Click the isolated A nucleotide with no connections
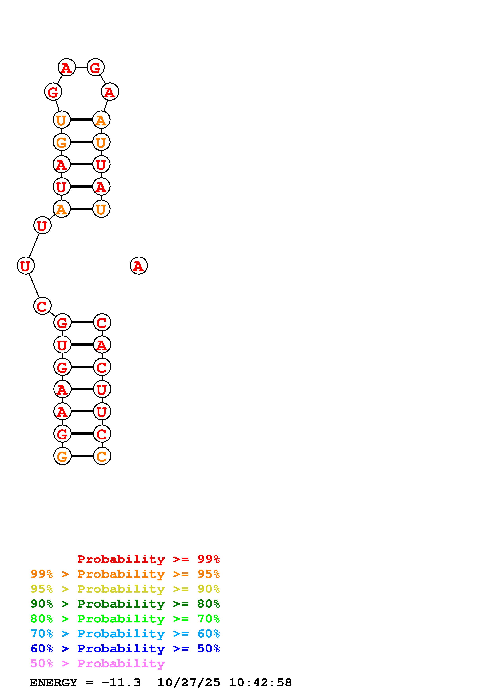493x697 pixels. point(139,266)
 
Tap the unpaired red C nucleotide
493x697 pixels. point(42,306)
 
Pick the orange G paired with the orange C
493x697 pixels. point(62,456)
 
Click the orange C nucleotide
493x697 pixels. point(102,456)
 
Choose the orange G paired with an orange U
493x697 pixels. point(62,142)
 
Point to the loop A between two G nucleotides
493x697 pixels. point(67,67)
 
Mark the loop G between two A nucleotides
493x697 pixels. point(95,67)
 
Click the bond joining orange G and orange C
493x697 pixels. point(82,456)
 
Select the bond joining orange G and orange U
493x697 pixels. point(81,142)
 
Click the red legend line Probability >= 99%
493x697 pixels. point(148,559)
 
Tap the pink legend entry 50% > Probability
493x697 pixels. point(97,663)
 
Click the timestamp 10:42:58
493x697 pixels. point(260,683)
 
